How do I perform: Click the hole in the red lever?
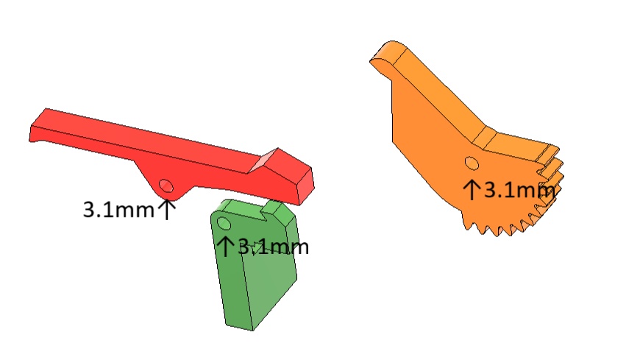point(166,186)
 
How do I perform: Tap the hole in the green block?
point(224,224)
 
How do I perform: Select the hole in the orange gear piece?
point(472,163)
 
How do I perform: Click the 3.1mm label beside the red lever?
point(118,210)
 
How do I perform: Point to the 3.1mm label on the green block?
point(273,247)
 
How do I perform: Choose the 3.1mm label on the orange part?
point(519,190)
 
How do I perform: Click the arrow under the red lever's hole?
point(166,209)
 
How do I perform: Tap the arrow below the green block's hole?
point(225,246)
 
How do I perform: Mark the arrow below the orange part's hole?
point(472,190)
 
